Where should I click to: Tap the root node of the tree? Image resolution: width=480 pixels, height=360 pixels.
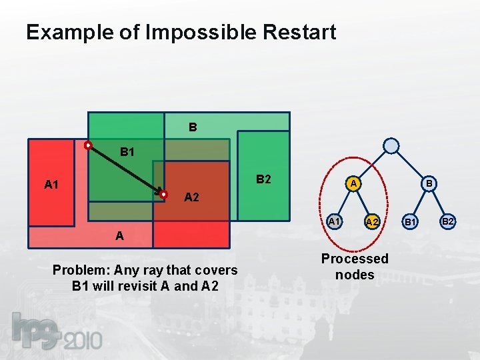tap(392, 145)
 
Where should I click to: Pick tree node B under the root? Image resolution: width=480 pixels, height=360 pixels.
tap(430, 183)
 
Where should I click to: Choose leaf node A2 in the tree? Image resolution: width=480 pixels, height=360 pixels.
tap(372, 221)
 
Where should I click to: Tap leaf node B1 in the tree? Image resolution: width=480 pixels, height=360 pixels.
tap(411, 221)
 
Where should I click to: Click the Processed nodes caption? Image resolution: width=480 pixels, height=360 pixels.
tap(355, 266)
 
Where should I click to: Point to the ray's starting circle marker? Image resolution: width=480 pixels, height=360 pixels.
tap(87, 145)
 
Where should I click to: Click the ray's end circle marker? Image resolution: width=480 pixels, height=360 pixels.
tap(163, 194)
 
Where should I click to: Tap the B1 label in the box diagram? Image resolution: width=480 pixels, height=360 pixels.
tap(127, 152)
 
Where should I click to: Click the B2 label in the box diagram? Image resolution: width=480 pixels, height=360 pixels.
tap(263, 179)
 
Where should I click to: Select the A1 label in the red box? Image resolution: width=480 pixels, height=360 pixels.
tap(51, 185)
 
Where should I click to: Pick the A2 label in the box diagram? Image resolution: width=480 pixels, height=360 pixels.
tap(191, 197)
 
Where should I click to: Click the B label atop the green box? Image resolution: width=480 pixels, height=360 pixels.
tap(192, 126)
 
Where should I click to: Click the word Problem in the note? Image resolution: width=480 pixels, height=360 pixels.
tap(81, 270)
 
